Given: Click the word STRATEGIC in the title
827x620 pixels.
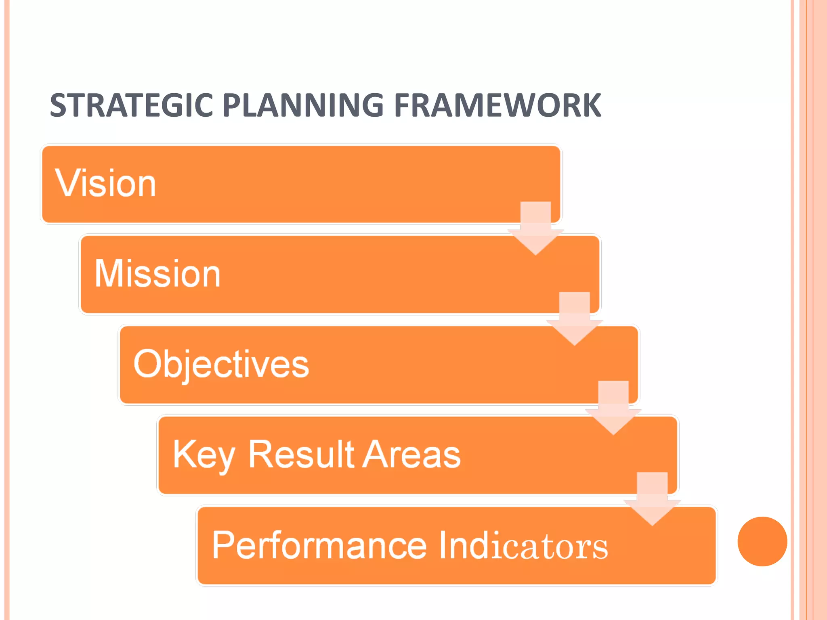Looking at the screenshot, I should [x=131, y=106].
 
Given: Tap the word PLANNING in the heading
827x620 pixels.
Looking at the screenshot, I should [x=303, y=106].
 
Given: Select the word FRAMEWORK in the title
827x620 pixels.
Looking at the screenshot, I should [x=497, y=106].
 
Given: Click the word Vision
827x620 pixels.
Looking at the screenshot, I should [x=105, y=184].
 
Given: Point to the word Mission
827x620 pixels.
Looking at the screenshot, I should [x=157, y=274].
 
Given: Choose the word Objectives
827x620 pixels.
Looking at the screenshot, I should [x=221, y=364].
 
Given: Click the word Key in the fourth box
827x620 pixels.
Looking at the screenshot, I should [x=204, y=455].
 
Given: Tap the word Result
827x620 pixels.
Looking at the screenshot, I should [x=301, y=455].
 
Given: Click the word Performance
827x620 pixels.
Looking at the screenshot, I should [x=319, y=545].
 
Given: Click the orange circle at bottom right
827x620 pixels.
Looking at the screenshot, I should [x=762, y=541].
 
